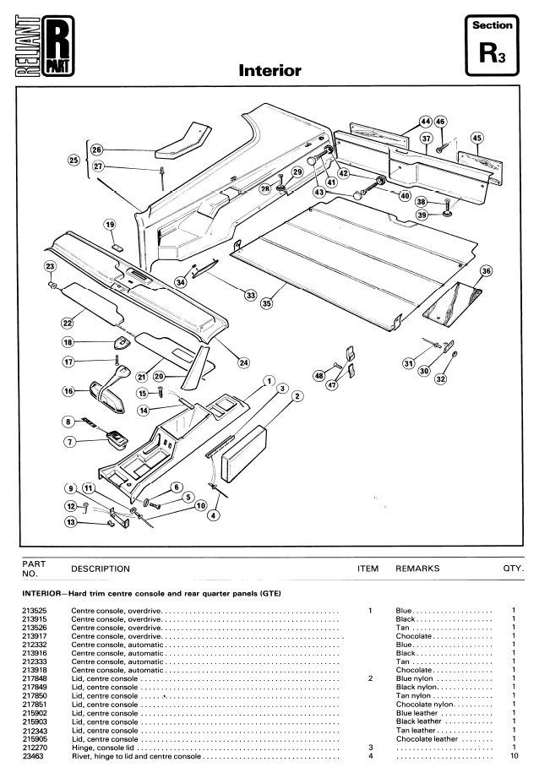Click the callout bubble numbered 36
coord(487,271)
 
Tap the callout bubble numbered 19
coord(110,225)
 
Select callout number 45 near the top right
coord(476,138)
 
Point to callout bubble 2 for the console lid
coord(297,396)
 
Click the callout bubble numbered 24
coord(243,362)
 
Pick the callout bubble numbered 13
coord(72,521)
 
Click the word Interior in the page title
coord(269,70)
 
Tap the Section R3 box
coord(492,46)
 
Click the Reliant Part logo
coord(45,46)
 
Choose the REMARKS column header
coord(417,569)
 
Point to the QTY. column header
coord(514,569)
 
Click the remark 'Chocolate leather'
coord(427,739)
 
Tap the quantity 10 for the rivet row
coord(514,756)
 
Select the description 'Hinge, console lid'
coord(102,748)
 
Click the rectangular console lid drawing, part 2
coord(244,455)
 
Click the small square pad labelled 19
coord(117,246)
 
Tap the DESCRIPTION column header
coord(101,569)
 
